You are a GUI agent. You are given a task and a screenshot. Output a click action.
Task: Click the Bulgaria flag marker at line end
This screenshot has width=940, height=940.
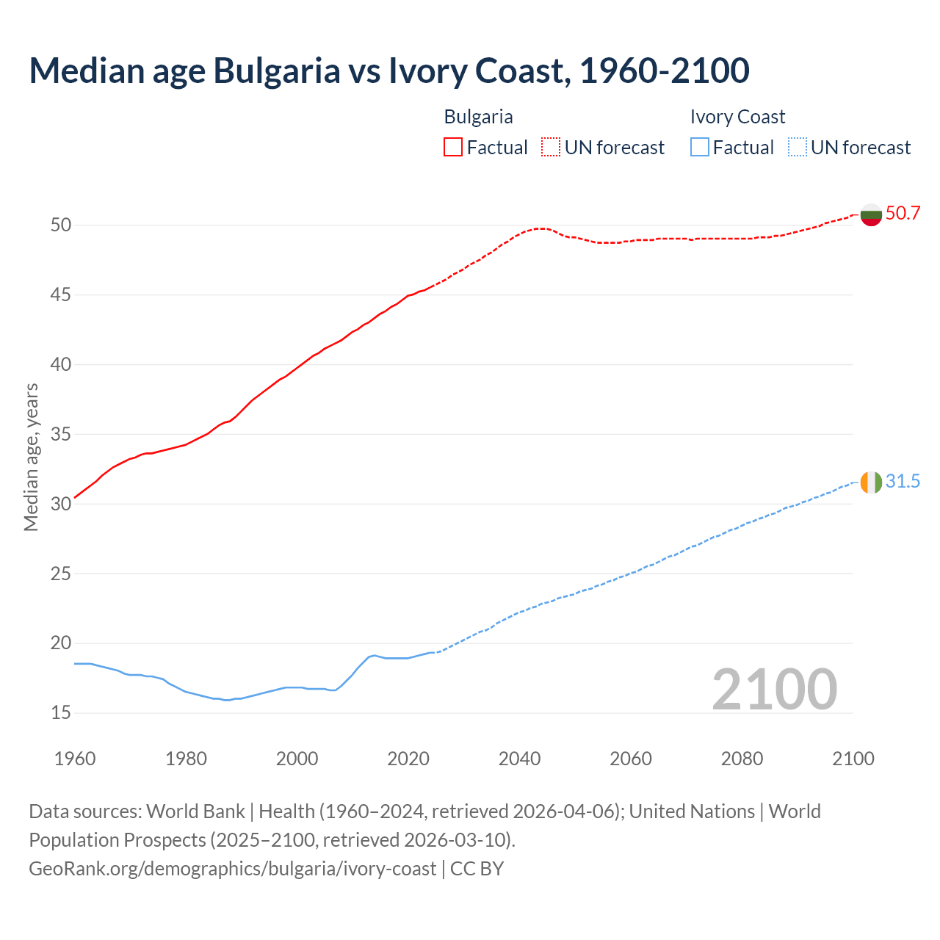(871, 214)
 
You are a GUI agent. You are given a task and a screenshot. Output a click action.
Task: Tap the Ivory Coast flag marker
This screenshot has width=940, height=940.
(871, 482)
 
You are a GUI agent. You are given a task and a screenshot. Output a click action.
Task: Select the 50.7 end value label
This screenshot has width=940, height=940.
(903, 214)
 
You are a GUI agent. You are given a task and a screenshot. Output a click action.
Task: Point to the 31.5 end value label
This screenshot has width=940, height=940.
(903, 482)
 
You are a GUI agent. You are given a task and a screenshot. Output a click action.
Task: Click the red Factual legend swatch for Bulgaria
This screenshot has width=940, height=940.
(453, 148)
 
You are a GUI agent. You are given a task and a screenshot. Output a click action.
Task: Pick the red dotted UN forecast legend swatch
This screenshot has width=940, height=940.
(551, 148)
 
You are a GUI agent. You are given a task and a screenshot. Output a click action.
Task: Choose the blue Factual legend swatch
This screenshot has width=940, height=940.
(700, 148)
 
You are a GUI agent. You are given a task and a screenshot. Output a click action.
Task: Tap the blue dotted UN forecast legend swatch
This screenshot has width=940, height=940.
(797, 148)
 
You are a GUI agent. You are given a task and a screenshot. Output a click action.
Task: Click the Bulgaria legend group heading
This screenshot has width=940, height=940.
(478, 117)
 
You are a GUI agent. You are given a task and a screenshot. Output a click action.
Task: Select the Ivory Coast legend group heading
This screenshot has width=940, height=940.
(737, 117)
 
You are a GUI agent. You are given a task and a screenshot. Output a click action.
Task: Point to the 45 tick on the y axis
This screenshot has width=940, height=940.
(61, 295)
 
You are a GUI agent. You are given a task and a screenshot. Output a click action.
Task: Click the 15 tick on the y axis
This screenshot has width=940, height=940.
(61, 713)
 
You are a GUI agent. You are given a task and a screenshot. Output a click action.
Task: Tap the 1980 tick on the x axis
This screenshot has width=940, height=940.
(186, 759)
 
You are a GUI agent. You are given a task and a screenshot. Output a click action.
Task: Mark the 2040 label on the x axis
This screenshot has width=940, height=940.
(519, 759)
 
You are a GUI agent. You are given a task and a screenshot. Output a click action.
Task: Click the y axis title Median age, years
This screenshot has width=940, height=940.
(31, 457)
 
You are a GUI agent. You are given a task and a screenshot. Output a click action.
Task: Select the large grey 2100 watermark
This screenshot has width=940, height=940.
(774, 690)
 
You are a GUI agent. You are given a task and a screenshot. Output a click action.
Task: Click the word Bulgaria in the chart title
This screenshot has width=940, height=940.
(277, 70)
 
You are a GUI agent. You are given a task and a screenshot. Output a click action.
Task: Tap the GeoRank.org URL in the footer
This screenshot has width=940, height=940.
(232, 869)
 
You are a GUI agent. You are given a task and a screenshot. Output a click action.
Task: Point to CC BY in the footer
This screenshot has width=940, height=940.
(477, 869)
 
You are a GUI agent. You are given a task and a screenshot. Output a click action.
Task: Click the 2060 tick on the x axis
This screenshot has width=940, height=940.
(631, 759)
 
